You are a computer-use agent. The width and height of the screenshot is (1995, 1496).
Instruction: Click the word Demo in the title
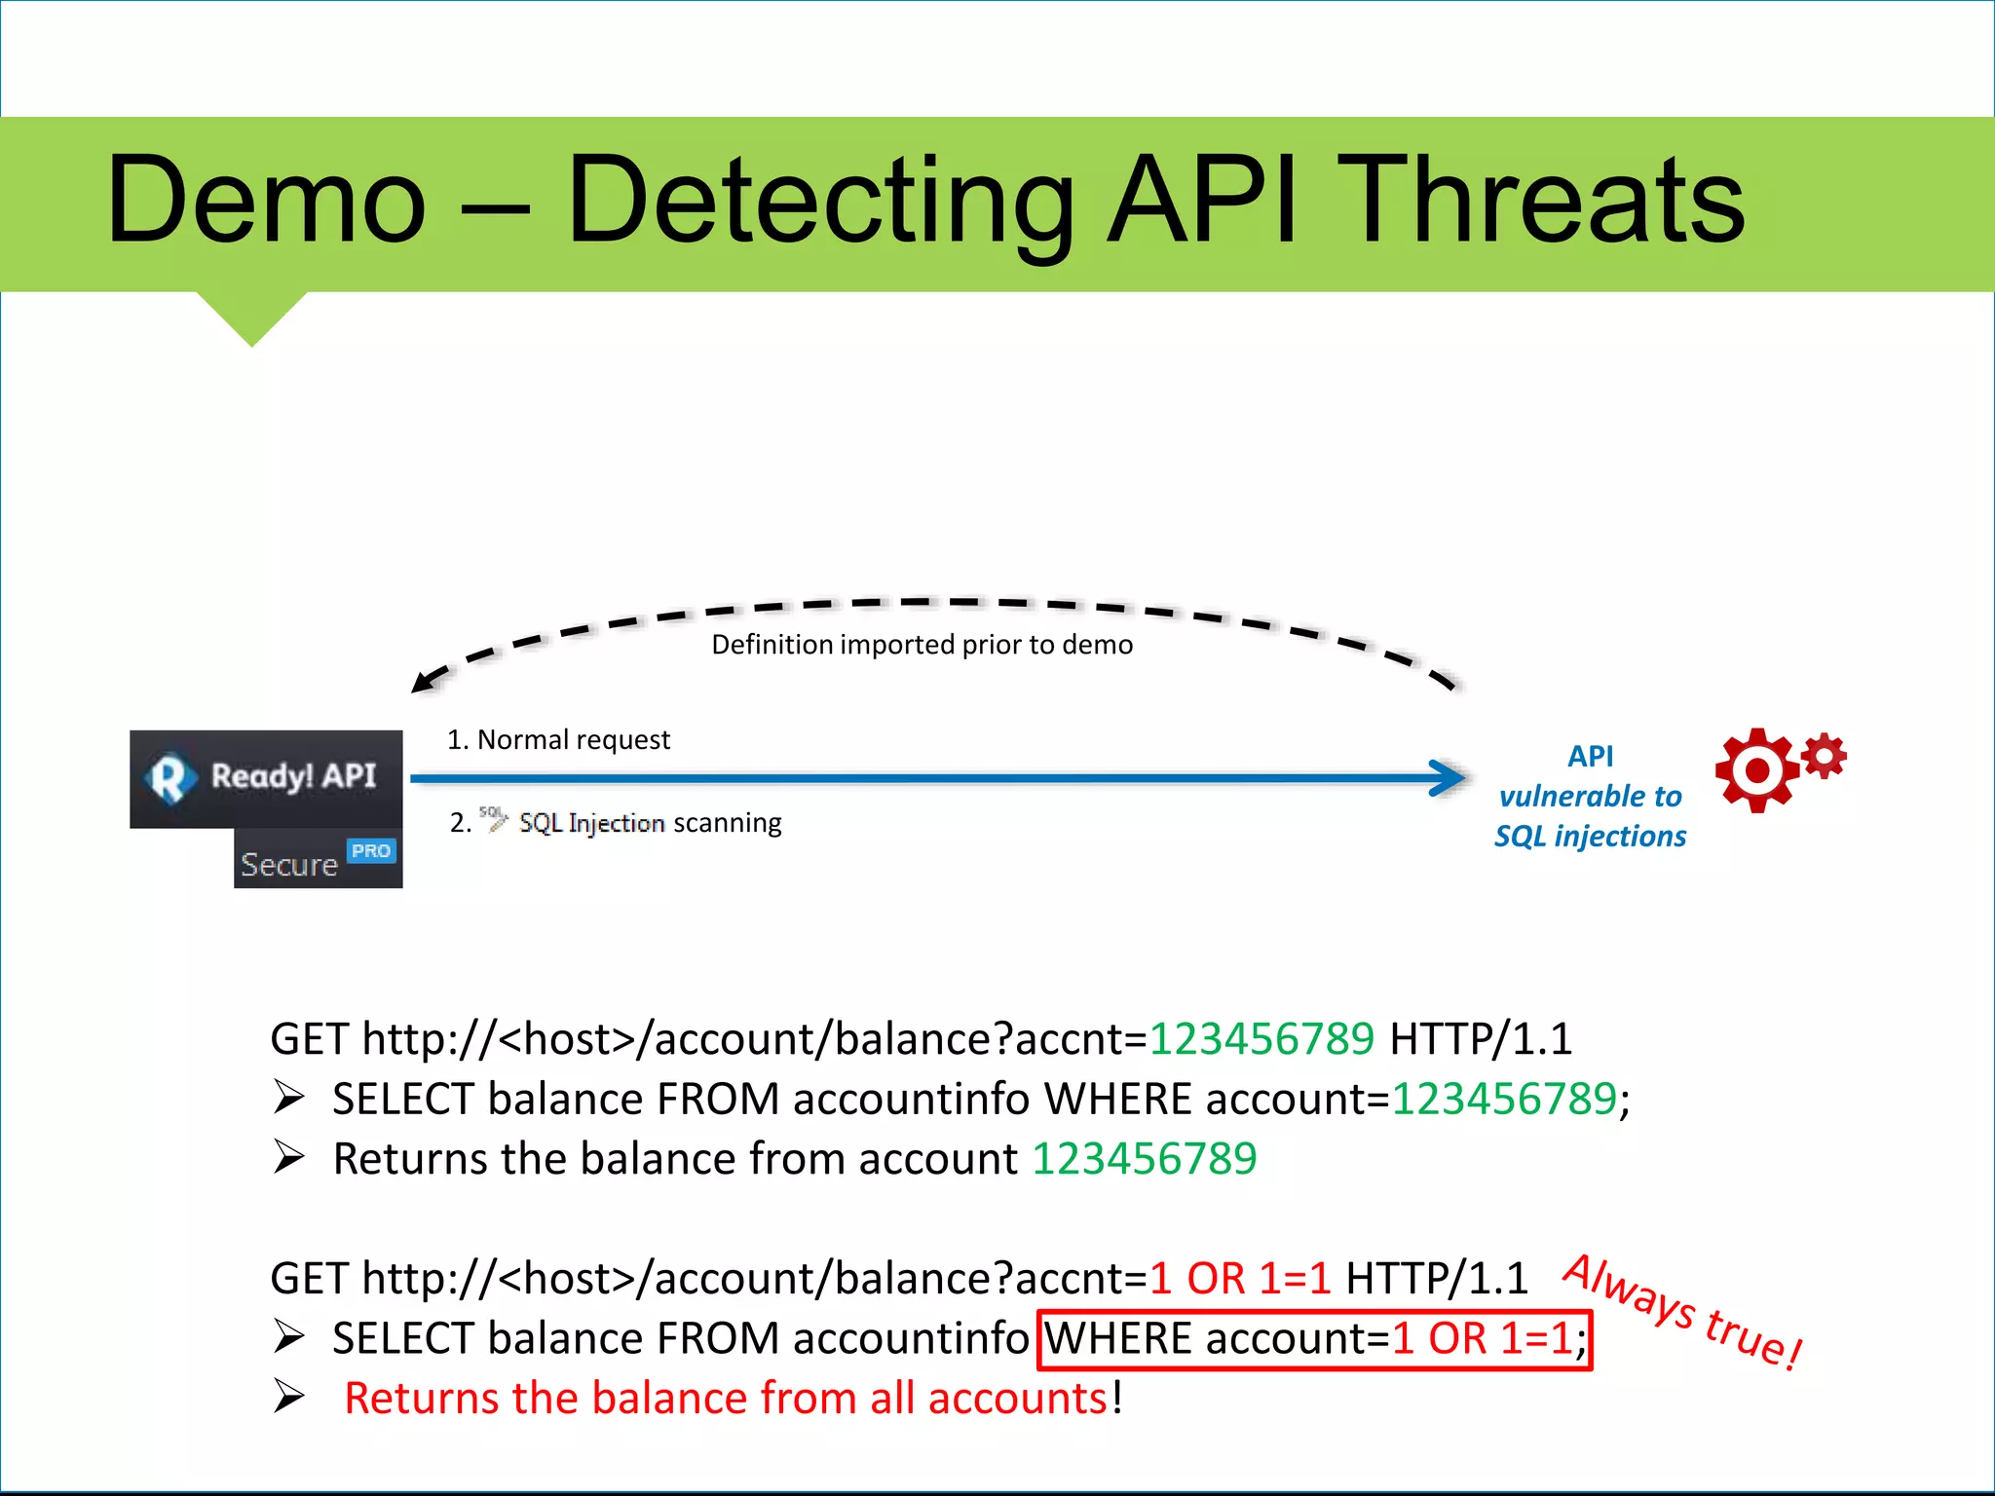266,202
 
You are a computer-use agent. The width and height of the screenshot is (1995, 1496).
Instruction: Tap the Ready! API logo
265,777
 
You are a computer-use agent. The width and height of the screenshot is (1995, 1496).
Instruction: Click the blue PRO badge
371,851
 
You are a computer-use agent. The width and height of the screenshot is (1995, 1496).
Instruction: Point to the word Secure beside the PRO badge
289,865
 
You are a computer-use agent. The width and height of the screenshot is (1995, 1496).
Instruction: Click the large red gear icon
1756,770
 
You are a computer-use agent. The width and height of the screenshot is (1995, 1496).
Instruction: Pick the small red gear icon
1825,756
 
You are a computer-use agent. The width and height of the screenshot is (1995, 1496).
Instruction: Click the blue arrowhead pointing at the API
1449,777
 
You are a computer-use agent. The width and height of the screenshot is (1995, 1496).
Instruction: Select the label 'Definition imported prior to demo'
922,645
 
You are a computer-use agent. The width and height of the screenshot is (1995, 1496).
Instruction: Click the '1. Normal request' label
558,740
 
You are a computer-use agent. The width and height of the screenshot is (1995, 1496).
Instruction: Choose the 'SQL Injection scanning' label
650,823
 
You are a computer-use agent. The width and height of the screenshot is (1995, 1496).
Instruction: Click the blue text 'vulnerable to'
1590,797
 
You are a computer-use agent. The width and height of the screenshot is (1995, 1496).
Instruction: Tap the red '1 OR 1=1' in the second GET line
1239,1279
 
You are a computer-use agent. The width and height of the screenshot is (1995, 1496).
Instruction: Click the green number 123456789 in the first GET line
1261,1039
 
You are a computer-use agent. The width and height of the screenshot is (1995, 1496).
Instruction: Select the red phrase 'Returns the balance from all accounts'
726,1399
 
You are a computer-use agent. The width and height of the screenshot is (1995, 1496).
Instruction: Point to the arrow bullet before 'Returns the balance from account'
289,1158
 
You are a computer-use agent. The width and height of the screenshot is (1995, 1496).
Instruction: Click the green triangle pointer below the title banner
252,317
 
